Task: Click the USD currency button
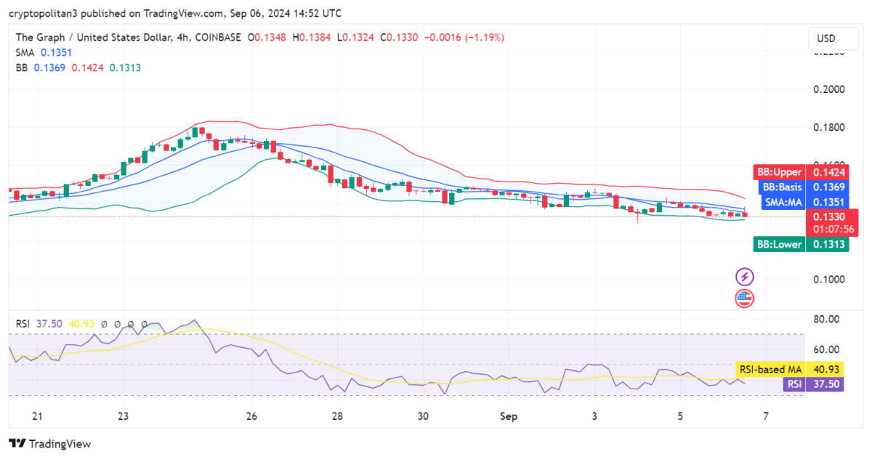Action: coord(826,38)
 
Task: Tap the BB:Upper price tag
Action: coord(800,172)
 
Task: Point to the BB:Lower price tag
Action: coord(800,245)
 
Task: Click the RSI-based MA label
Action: coord(770,370)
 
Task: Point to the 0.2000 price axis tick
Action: coord(828,90)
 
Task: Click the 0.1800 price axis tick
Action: coord(828,128)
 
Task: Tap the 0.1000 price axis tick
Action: coord(828,280)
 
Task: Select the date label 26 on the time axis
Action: coord(252,417)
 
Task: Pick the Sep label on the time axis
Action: coord(509,417)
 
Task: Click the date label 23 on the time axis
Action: coord(123,417)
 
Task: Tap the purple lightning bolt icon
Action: coord(745,277)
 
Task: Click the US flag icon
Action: coord(745,298)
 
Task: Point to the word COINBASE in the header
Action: coord(219,37)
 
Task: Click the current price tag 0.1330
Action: coord(828,217)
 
